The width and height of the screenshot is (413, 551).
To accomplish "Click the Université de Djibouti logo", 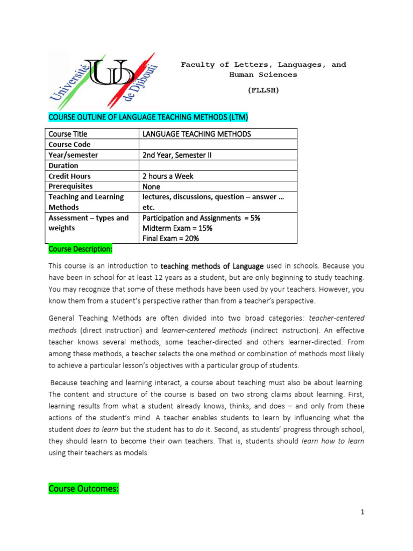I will pos(102,80).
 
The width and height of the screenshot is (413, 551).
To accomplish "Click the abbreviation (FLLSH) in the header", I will pos(264,90).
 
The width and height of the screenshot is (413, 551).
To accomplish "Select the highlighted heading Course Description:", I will pos(81,249).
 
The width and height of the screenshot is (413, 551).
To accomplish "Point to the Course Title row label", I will pos(68,133).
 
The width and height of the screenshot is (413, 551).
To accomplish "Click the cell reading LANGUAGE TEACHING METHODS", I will pos(196,133).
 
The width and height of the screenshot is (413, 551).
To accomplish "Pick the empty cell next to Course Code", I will pos(218,144).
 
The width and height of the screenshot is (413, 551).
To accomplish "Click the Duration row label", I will pos(63,165).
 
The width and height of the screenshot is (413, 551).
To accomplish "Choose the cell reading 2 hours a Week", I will pos(168,176).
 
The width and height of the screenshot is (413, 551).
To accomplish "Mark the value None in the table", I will pos(152,186).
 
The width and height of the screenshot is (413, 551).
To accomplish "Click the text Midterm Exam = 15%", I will pos(177,228).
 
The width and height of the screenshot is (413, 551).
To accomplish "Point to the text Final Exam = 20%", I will pos(170,238).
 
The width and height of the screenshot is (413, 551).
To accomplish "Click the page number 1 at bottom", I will pos(362,512).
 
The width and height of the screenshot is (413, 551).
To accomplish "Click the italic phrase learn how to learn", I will pos(333,441).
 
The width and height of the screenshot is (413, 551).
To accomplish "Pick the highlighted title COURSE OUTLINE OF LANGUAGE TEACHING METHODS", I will pos(148,117).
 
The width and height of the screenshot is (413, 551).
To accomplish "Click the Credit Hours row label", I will pos(70,176).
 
